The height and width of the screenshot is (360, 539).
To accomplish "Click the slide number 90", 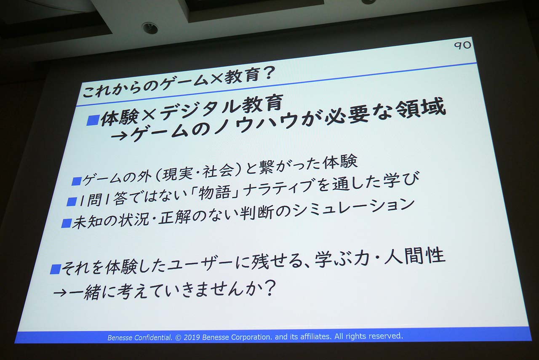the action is [462, 45].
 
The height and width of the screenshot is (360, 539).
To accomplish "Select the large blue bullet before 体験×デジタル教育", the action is [93, 120].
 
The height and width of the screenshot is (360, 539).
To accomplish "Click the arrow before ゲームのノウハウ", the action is [119, 137].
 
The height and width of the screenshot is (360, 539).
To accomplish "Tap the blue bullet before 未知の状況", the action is [66, 223].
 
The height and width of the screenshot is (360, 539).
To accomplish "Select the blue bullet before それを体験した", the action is [55, 269].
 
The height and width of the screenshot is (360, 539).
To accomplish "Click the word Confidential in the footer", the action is [152, 338].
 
